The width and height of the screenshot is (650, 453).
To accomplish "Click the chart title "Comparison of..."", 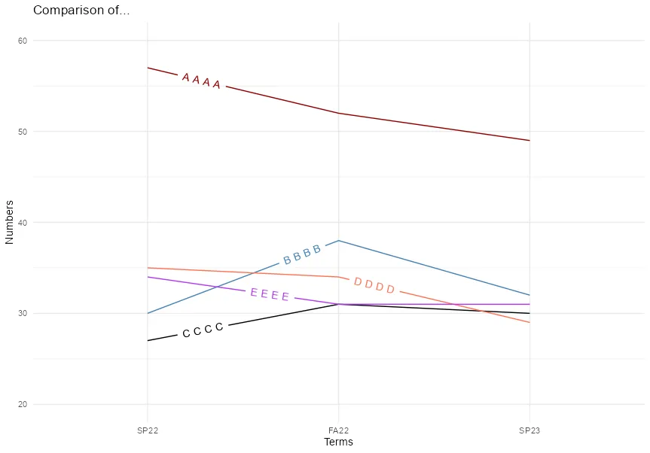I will click(81, 11).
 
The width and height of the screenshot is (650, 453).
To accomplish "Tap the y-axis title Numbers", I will click(10, 222).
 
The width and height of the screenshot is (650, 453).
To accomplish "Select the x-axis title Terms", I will click(338, 442).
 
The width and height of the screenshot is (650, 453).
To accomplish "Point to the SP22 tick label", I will click(148, 431).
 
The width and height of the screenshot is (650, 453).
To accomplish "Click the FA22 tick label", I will click(338, 431).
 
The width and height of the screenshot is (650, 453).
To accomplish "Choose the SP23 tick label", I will click(529, 431).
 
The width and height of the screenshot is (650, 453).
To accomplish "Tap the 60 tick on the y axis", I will click(23, 41).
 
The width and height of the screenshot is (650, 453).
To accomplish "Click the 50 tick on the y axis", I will click(23, 132).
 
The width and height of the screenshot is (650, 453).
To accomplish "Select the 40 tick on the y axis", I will click(23, 223).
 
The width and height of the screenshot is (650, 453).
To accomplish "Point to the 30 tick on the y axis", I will click(23, 313).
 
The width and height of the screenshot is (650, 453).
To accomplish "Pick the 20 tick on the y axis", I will click(23, 404).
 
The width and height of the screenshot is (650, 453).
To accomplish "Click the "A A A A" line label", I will click(201, 81).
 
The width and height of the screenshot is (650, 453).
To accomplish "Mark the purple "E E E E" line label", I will click(270, 294).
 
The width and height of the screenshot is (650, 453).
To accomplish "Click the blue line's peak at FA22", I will click(339, 241).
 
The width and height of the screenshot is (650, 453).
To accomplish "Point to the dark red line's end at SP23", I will click(529, 141).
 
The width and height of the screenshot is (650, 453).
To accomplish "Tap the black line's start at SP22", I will click(148, 341).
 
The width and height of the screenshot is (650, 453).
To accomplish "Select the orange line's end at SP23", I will click(529, 322).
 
